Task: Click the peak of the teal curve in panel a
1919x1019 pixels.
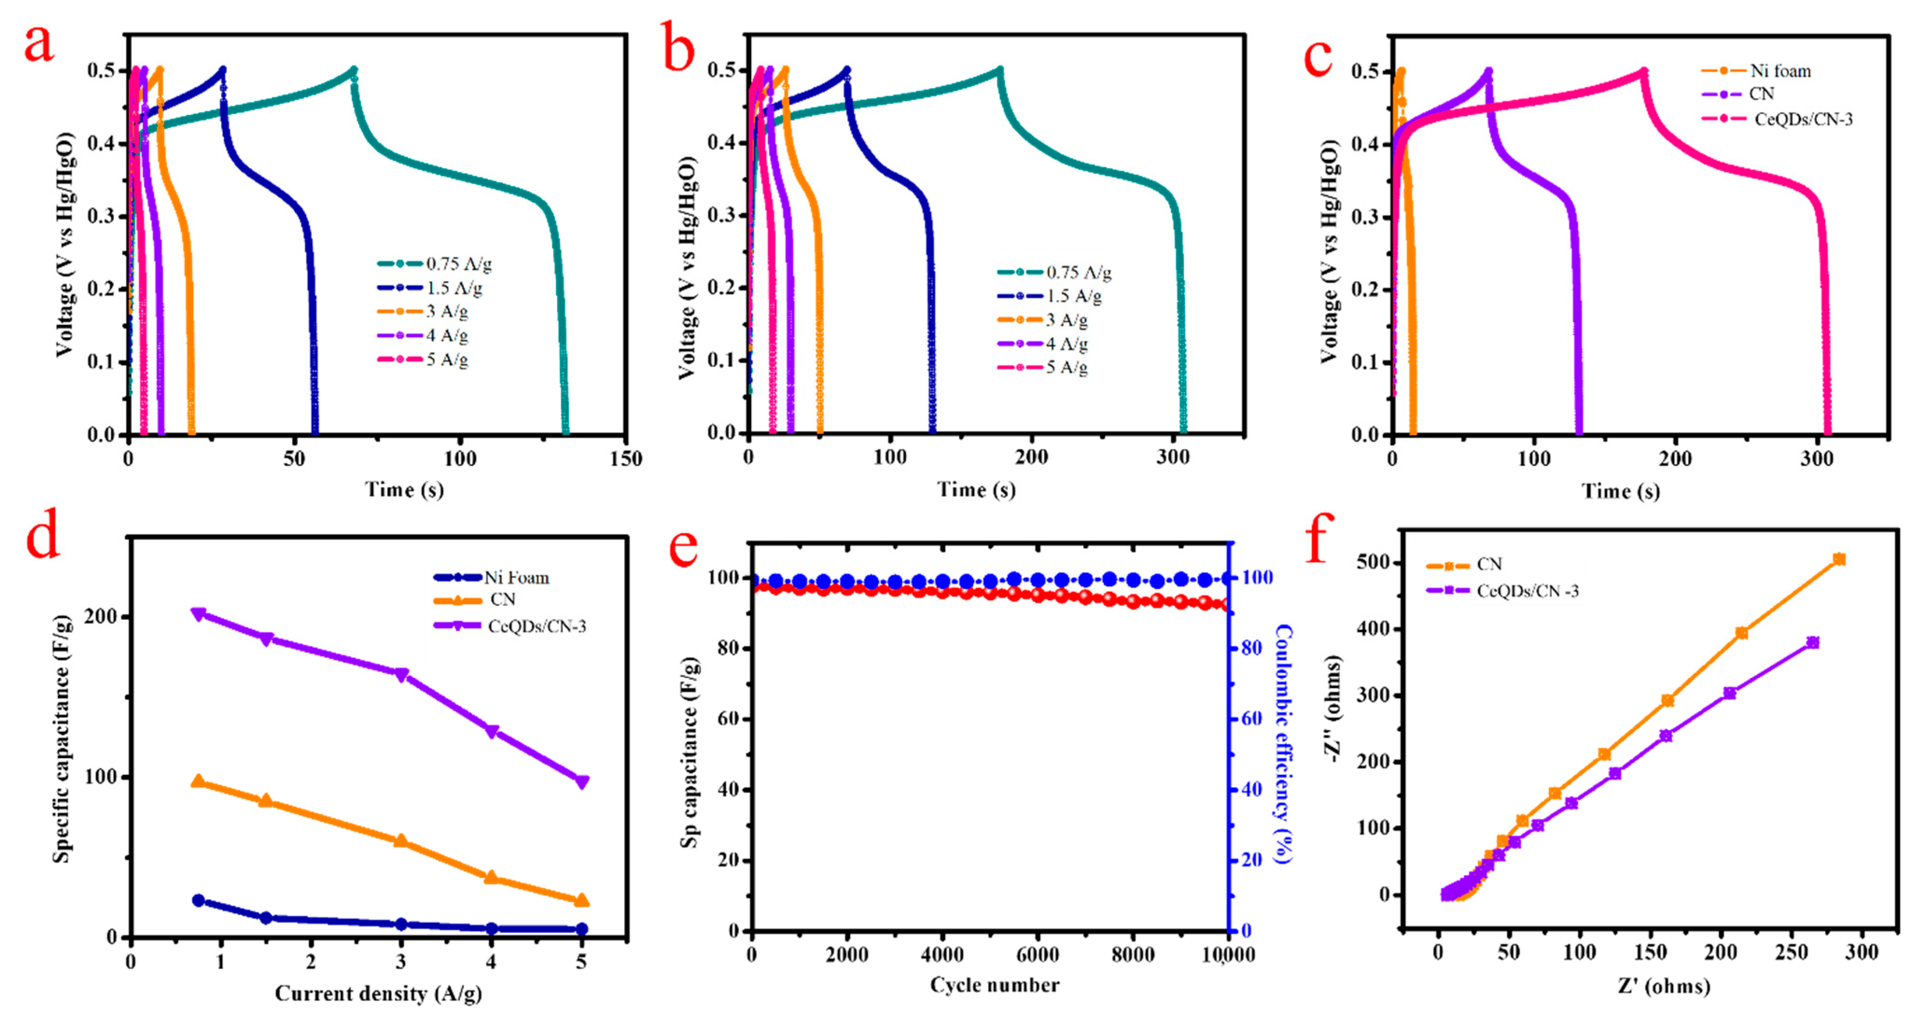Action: point(354,70)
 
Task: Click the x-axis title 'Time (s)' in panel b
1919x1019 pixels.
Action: point(976,490)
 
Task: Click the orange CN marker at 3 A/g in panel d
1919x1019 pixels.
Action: point(401,841)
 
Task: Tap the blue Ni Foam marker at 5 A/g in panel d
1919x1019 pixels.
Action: point(582,929)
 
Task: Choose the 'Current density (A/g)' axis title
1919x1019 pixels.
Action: point(378,994)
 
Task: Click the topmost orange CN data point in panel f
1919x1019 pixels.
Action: point(1839,559)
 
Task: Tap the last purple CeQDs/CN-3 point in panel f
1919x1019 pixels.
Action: point(1813,643)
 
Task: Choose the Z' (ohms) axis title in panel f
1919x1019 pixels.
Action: point(1663,987)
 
